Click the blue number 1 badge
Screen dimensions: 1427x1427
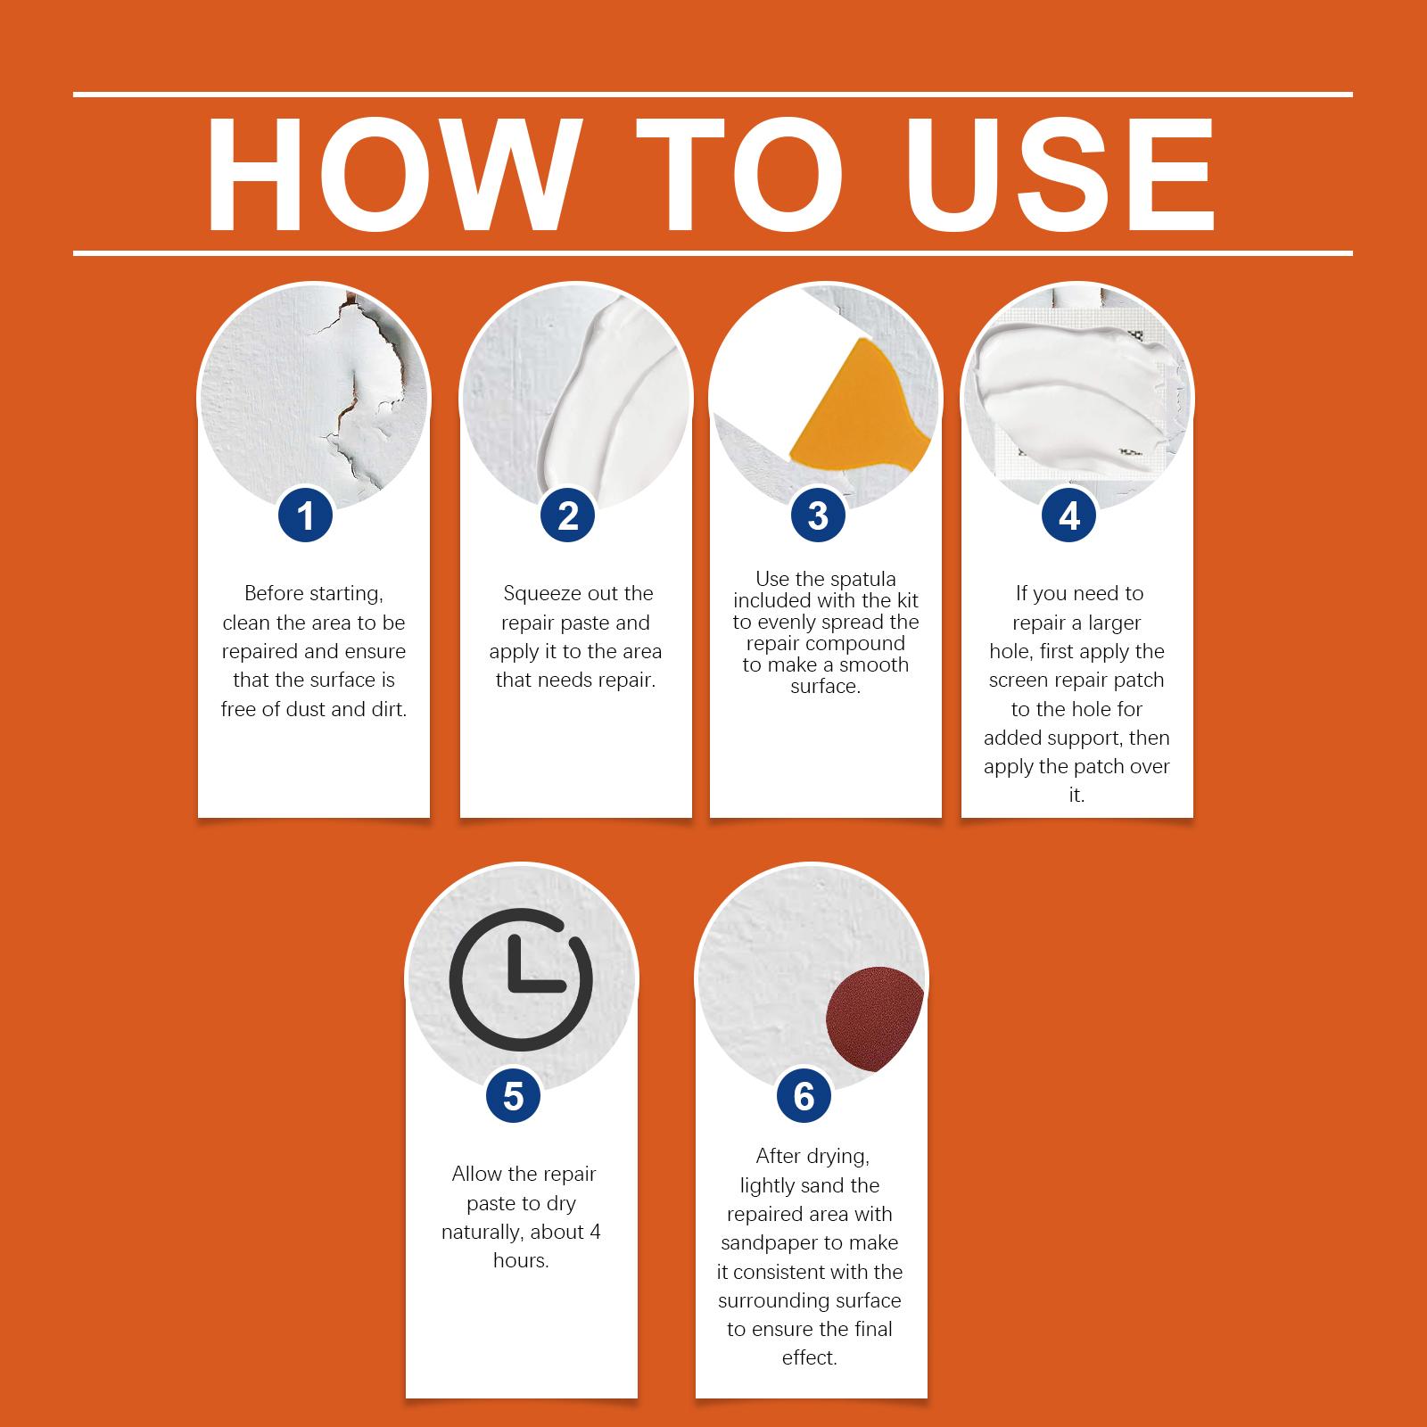305,516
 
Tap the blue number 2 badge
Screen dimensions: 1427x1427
568,516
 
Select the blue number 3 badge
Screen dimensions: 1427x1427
818,516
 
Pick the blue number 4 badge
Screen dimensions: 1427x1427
1069,516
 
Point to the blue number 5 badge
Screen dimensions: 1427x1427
514,1095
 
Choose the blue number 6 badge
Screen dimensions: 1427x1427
804,1095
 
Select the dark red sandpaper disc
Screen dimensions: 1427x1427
874,1017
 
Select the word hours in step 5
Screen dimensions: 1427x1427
520,1260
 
